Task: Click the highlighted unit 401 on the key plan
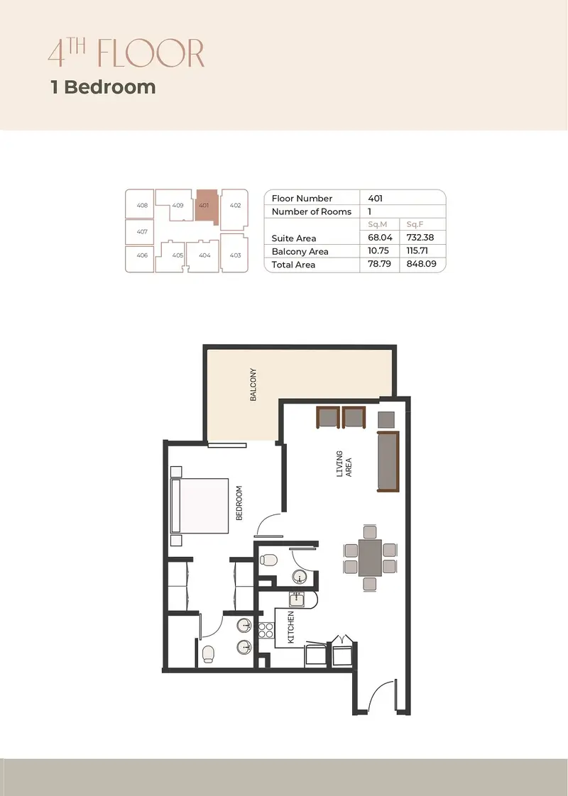click(x=206, y=206)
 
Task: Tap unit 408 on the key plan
click(x=140, y=204)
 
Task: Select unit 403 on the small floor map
click(x=234, y=253)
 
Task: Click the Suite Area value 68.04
click(x=380, y=238)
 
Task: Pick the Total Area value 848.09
click(x=421, y=264)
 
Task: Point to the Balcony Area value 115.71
click(x=417, y=250)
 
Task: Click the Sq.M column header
click(x=378, y=224)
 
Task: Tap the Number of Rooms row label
click(x=312, y=211)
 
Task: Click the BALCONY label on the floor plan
click(x=253, y=385)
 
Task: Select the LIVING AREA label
click(x=344, y=464)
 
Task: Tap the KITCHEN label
click(x=291, y=627)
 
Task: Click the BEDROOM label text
click(x=239, y=503)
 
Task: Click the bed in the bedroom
click(x=200, y=506)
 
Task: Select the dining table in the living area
click(x=370, y=558)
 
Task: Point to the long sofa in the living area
click(x=388, y=461)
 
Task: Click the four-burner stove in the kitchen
click(x=266, y=630)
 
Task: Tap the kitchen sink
click(x=297, y=599)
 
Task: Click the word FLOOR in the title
click(x=151, y=52)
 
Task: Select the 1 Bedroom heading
click(x=104, y=87)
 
